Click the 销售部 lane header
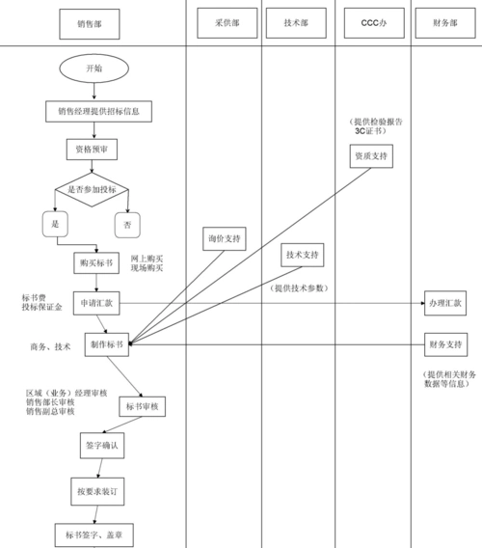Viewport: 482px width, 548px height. click(93, 22)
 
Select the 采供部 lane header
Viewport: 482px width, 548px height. click(224, 22)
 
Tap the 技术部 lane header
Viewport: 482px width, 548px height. click(299, 22)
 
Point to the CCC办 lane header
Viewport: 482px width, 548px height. click(372, 22)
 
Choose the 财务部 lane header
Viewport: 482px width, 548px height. click(444, 22)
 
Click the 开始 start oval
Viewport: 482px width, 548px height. click(94, 68)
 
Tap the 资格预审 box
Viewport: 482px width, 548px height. click(93, 150)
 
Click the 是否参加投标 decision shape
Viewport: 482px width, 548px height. click(93, 189)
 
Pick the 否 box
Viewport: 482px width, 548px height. click(127, 224)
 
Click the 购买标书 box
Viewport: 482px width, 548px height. click(94, 261)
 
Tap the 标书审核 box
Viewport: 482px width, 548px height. click(142, 408)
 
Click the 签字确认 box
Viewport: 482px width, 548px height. click(100, 446)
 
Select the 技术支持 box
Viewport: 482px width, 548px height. click(303, 255)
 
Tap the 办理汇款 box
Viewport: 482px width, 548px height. click(444, 303)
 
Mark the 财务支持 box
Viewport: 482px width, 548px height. click(444, 344)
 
